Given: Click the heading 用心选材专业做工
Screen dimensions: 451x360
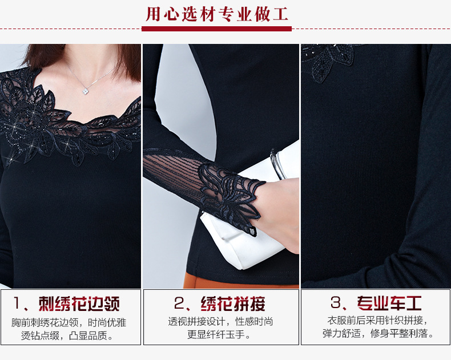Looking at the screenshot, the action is (217, 14).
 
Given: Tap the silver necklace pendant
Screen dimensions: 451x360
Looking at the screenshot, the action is (86, 91).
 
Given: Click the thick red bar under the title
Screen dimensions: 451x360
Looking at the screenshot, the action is (216, 29).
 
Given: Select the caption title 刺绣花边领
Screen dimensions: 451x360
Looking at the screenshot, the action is (79, 304).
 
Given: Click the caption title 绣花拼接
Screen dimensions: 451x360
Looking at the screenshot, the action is (233, 304).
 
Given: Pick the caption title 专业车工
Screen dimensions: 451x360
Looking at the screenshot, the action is (389, 303).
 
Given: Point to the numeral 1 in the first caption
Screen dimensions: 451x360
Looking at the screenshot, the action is (17, 304).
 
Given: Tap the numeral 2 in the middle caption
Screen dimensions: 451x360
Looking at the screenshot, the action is (179, 304).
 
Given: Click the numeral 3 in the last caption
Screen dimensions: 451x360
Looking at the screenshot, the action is (336, 303).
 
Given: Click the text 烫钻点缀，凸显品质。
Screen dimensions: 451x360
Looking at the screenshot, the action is (67, 335).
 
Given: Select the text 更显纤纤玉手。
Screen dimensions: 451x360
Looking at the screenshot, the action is (219, 335).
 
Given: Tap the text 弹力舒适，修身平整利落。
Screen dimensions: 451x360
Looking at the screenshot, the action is (378, 334).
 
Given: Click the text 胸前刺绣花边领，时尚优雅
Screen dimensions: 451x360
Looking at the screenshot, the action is (69, 322).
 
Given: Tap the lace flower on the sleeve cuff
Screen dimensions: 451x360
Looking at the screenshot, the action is (230, 196).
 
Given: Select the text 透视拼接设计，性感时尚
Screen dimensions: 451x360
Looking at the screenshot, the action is (220, 321).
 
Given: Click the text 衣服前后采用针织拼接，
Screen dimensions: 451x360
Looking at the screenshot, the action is (378, 320).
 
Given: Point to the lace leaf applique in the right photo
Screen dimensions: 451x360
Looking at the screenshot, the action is (328, 61).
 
